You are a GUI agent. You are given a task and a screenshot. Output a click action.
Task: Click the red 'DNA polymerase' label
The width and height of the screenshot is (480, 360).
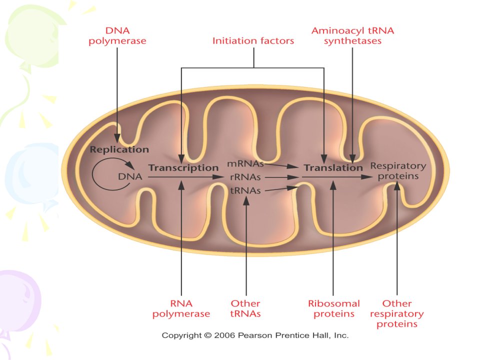tap(117, 36)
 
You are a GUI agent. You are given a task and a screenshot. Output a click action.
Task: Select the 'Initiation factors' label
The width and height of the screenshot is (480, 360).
tap(253, 40)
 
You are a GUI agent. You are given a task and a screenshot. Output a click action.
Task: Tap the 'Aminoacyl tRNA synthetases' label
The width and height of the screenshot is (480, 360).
tap(352, 36)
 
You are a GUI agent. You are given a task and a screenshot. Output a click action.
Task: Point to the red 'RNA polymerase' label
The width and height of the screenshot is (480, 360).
tap(181, 308)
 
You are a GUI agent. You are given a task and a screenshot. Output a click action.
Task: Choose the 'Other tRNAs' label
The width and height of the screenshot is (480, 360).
tap(245, 308)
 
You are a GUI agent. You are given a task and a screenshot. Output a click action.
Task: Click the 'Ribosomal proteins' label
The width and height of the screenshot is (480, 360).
tap(334, 308)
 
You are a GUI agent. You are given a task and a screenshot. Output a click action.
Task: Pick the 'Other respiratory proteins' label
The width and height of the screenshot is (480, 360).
tap(396, 314)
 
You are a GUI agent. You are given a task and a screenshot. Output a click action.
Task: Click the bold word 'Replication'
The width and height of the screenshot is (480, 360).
tap(119, 149)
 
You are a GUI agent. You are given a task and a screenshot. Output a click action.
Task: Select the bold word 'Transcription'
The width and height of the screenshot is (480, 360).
tap(183, 168)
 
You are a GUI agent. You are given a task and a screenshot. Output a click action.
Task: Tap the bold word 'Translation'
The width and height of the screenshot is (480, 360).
tap(333, 168)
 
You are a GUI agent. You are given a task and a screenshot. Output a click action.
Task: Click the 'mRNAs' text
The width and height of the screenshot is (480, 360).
tap(245, 164)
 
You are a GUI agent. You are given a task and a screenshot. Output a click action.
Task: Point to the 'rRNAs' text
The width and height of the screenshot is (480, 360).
tap(245, 177)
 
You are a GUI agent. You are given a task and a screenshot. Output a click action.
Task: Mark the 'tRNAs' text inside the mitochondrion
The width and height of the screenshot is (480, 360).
tap(245, 190)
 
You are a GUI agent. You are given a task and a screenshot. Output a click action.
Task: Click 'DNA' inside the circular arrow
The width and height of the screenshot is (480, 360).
tap(130, 176)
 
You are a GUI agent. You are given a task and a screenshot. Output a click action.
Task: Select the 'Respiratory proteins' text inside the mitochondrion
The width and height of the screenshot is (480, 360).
tap(398, 171)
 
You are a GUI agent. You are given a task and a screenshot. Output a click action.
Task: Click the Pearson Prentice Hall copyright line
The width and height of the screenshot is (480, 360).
tap(255, 335)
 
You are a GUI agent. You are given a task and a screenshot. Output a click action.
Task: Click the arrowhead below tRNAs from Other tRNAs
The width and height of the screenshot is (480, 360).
tap(246, 200)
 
